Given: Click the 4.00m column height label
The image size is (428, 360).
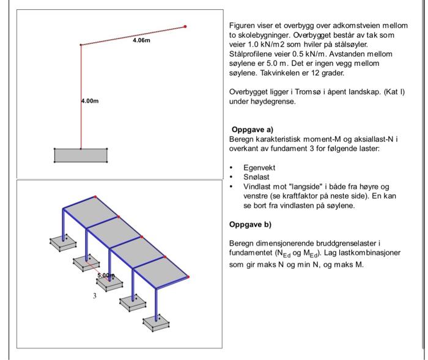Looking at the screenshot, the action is (89, 101).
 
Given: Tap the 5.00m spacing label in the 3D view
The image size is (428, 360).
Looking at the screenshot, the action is (105, 276).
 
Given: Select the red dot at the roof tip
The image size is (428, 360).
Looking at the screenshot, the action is (185, 26).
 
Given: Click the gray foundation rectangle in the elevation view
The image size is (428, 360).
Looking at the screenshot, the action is (81, 155).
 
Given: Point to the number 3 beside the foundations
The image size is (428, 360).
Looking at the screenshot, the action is (95, 296).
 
